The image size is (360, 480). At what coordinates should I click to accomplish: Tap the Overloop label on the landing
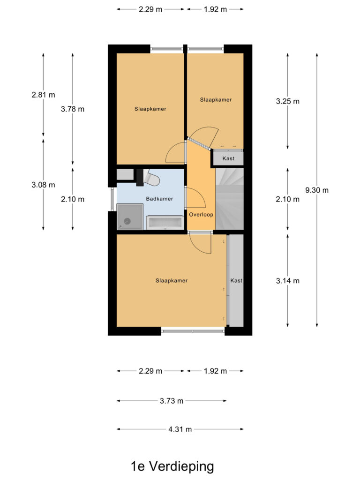[x=201, y=215]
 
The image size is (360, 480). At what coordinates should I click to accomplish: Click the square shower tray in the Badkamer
[x=129, y=217]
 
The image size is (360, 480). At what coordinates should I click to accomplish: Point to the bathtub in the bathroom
[x=165, y=222]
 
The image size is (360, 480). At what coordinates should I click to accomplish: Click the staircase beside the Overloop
[x=230, y=199]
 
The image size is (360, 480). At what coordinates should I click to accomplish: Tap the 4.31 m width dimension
[x=180, y=429]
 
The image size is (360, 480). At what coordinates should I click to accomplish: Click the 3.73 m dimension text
[x=171, y=401]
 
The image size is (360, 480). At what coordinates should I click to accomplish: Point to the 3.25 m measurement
[x=287, y=101]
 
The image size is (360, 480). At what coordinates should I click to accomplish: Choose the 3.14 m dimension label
[x=287, y=281]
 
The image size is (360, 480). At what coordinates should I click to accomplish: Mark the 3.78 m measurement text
[x=73, y=109]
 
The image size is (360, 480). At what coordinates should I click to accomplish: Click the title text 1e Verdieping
[x=172, y=466]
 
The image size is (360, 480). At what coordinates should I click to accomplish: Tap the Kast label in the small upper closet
[x=228, y=158]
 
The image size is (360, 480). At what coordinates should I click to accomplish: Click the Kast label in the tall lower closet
[x=236, y=280]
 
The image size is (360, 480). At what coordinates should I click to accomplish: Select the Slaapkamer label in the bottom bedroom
[x=172, y=280]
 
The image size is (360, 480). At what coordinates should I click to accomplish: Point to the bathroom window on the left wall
[x=112, y=199]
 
